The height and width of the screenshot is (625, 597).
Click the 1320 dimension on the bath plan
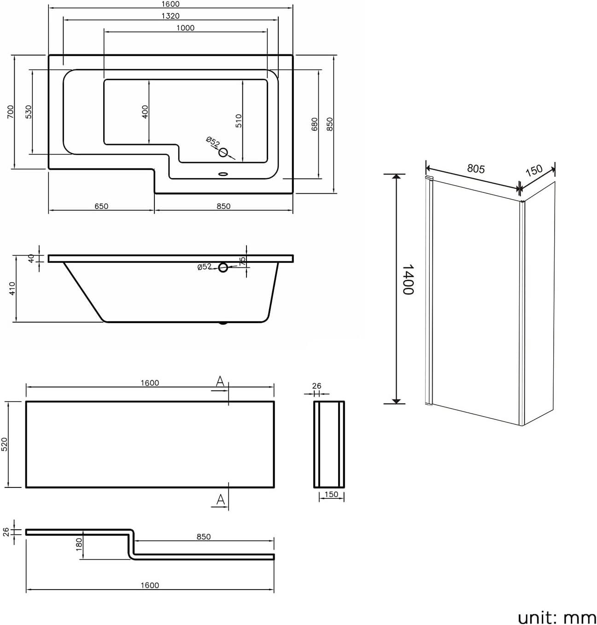(x=170, y=16)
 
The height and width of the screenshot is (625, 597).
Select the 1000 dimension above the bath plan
(x=185, y=28)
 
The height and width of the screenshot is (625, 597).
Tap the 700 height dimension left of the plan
(x=11, y=112)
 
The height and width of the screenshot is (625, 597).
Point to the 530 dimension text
(x=29, y=112)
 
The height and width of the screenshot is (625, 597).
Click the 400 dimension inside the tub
(x=145, y=112)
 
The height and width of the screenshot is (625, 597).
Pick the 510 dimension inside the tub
(x=239, y=121)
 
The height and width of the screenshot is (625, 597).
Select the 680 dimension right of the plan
(x=314, y=124)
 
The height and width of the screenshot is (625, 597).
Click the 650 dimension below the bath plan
(x=101, y=206)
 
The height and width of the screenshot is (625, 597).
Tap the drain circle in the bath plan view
(x=224, y=152)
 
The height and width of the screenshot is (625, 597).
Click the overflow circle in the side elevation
(x=223, y=267)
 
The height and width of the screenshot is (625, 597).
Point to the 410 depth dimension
(x=12, y=289)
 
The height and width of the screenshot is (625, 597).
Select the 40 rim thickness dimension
(x=32, y=258)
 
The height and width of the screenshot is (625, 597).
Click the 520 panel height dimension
(x=5, y=444)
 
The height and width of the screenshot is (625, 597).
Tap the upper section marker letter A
(x=220, y=382)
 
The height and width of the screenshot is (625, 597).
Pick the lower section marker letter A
(x=220, y=499)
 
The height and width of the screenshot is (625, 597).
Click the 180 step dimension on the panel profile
(x=79, y=544)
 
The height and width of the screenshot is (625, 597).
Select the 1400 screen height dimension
(x=408, y=279)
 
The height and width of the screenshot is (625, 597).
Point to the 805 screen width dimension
(x=476, y=169)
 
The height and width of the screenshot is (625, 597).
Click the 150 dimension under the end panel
(x=331, y=495)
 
